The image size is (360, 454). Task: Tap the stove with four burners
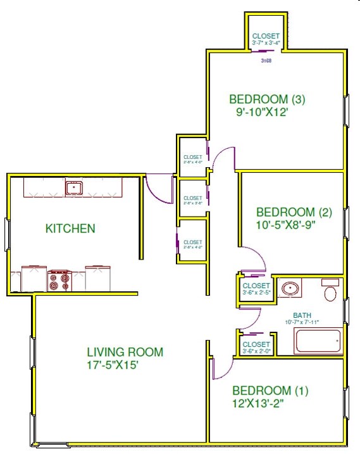(59, 281)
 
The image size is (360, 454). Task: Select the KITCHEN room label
(70, 229)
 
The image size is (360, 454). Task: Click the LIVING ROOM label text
(125, 352)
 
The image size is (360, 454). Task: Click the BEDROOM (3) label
(267, 99)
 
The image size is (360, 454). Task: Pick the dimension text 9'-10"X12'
(261, 112)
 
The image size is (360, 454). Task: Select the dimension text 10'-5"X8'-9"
(284, 224)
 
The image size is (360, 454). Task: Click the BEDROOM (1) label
(270, 391)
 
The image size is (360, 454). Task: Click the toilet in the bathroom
(330, 292)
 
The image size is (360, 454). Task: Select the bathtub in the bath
(318, 341)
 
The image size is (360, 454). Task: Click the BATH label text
(302, 315)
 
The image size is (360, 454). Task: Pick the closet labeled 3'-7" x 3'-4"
(266, 37)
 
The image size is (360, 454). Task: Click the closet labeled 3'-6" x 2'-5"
(256, 288)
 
